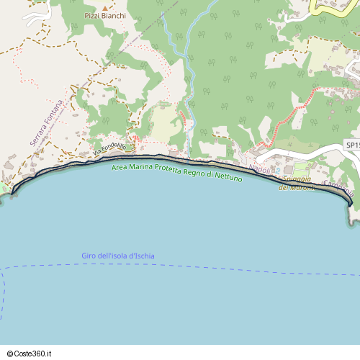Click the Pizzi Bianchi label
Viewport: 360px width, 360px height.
(x=105, y=15)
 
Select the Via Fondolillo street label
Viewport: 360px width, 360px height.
(x=109, y=149)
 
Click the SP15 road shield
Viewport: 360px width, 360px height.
(x=351, y=145)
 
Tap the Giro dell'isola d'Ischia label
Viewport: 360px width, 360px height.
(x=118, y=256)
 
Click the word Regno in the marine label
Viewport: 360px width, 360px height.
(x=195, y=172)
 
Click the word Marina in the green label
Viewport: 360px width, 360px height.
(x=140, y=168)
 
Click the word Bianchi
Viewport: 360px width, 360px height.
(x=114, y=15)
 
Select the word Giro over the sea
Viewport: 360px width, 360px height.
(x=89, y=256)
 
